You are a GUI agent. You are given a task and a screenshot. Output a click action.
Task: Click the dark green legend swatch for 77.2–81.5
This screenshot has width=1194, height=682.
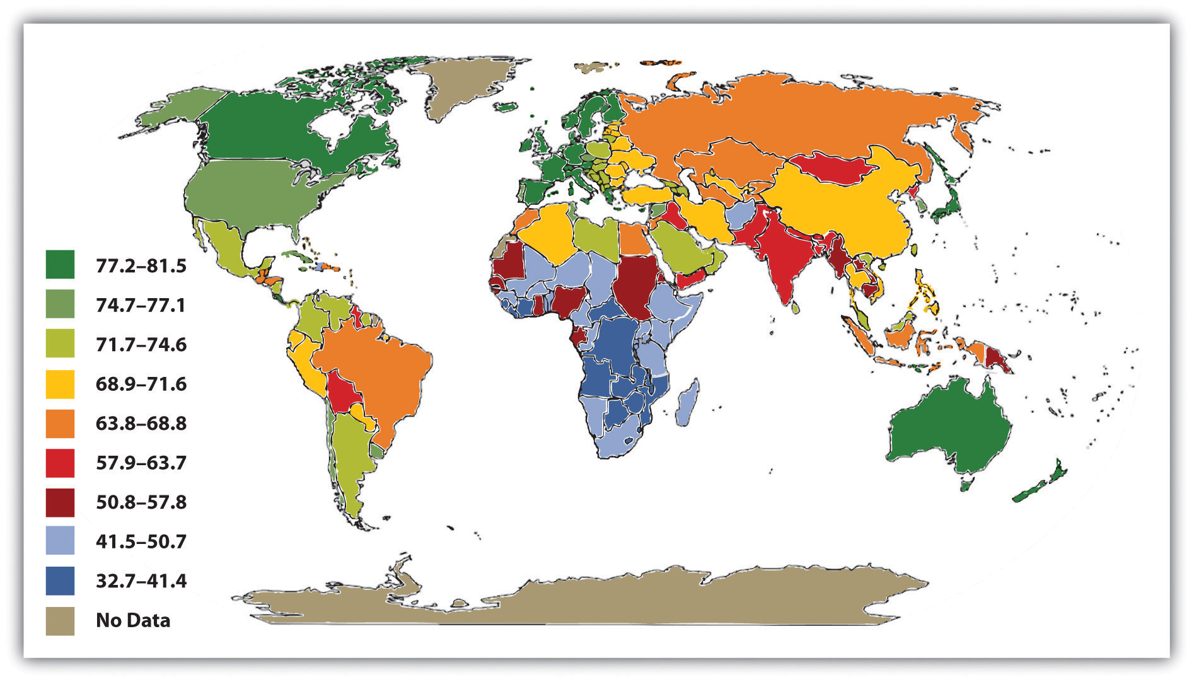click(x=60, y=265)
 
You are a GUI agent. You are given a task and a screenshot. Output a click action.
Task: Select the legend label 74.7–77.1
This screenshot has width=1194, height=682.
click(x=141, y=306)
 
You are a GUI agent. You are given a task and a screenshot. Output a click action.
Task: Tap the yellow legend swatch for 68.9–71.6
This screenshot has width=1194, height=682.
click(x=60, y=384)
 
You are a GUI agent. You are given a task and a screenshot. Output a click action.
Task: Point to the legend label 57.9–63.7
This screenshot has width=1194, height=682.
click(x=141, y=463)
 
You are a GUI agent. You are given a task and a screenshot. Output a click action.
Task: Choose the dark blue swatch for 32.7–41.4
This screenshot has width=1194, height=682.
click(x=60, y=581)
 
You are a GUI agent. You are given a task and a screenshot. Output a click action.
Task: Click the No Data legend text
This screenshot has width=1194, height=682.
click(x=133, y=620)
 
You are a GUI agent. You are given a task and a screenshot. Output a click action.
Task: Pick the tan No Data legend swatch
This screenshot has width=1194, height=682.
click(x=60, y=620)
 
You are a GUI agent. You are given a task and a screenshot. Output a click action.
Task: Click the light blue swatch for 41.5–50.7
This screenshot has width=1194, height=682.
click(x=60, y=541)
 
